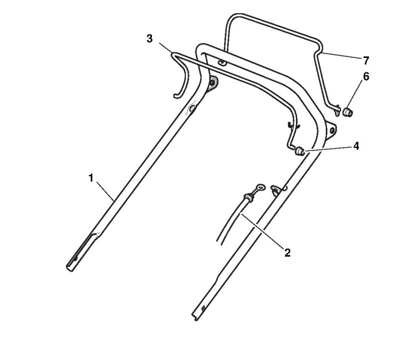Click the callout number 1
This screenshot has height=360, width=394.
[x=91, y=178]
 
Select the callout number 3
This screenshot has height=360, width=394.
[x=149, y=38]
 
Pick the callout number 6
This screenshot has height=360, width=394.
[x=366, y=76]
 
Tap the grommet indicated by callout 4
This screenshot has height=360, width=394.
[x=299, y=152]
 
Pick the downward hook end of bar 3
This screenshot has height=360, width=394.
[x=175, y=93]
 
